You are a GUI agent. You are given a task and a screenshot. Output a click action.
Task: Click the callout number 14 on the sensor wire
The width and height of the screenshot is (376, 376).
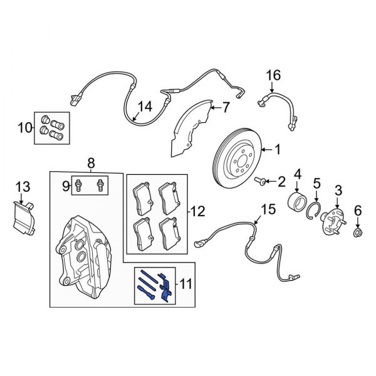point(144,107)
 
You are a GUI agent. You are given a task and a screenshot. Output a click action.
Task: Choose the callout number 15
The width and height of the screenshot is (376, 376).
point(268,209)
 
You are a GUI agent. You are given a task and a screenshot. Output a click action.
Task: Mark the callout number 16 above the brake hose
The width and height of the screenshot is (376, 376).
point(271,76)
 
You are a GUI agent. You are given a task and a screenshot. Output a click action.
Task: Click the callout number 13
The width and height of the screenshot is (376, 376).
point(23,186)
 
